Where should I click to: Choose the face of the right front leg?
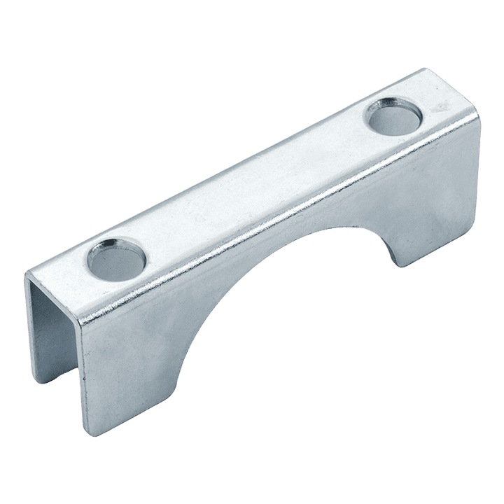pyautogui.click(x=434, y=203)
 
